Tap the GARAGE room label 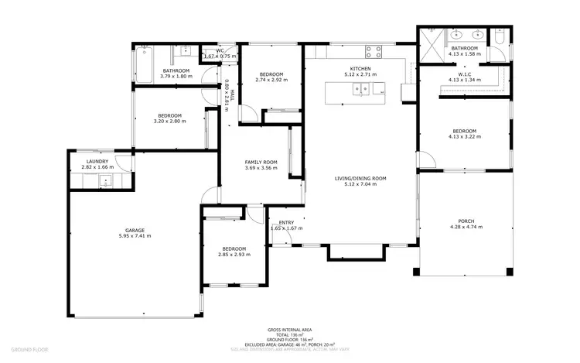[x=135, y=230]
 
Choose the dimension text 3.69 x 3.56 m [x=261, y=168]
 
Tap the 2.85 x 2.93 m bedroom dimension [x=234, y=255]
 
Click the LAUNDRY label [x=97, y=161]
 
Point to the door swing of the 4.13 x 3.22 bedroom [x=425, y=160]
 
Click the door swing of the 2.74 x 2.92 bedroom [x=250, y=114]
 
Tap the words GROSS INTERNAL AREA [x=290, y=330]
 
